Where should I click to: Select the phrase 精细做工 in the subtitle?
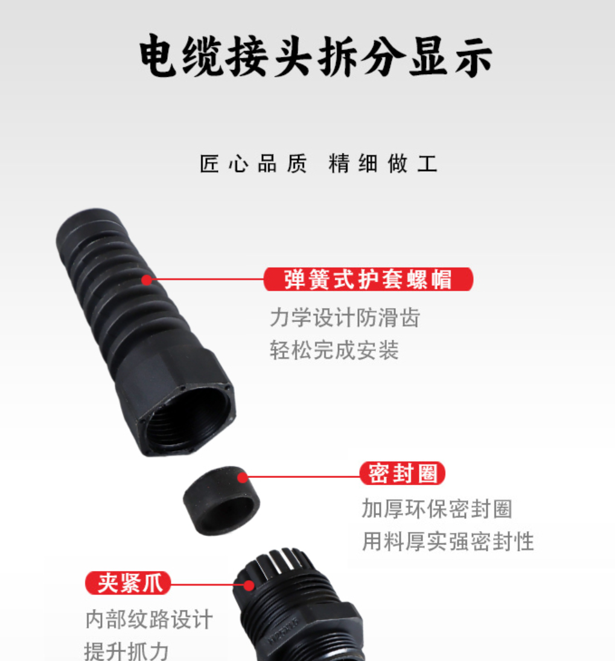(x=383, y=164)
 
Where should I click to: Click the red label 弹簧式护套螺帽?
(x=368, y=280)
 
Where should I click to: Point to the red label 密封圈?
(x=403, y=474)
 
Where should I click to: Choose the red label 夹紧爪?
(x=127, y=584)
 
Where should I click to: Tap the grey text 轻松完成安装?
(x=334, y=350)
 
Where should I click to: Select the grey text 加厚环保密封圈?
(x=436, y=509)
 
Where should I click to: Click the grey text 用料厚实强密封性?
(x=448, y=541)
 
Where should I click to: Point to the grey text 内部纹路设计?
(x=149, y=619)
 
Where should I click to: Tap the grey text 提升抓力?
(x=126, y=651)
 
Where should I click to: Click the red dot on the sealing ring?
(x=243, y=478)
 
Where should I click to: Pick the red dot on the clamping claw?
(x=248, y=585)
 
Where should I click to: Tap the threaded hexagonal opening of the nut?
(x=187, y=417)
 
